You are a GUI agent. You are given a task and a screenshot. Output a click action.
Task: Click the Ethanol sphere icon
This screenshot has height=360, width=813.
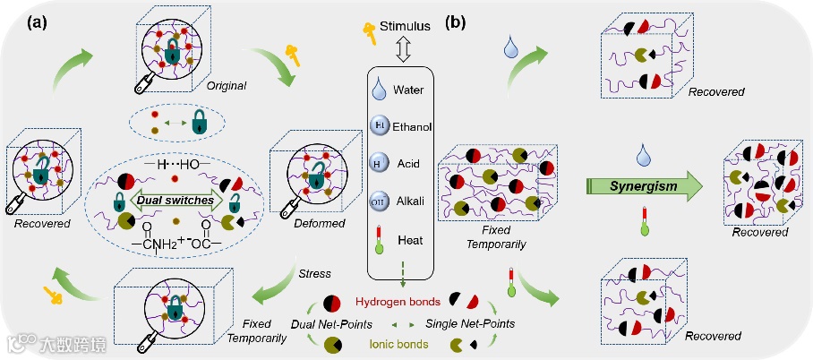point(380,125)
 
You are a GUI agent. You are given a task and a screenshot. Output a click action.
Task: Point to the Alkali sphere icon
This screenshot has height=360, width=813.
point(380,202)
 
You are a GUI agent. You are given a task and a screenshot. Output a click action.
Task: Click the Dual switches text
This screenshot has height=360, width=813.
point(170,201)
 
